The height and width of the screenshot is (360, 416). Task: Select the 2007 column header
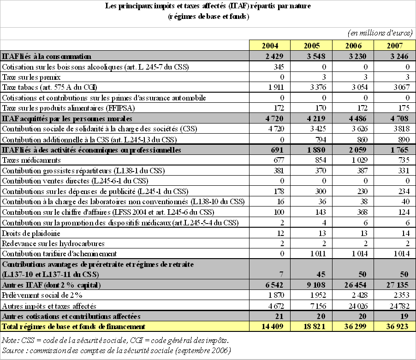click(x=395, y=46)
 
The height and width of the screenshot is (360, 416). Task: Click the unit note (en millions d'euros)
click(x=379, y=33)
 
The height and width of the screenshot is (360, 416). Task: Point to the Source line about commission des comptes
click(x=116, y=350)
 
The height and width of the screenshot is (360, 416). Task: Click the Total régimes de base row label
click(x=73, y=326)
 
